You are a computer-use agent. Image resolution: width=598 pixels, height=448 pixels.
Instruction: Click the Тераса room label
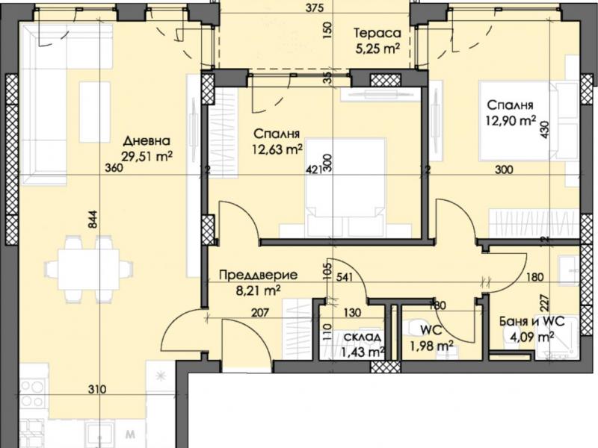pyautogui.click(x=377, y=33)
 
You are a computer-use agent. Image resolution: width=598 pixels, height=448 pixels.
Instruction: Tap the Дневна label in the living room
pyautogui.click(x=147, y=141)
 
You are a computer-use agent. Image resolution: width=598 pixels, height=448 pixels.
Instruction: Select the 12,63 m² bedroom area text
pyautogui.click(x=277, y=149)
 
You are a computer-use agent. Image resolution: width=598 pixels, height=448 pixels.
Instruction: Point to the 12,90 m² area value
pyautogui.click(x=511, y=121)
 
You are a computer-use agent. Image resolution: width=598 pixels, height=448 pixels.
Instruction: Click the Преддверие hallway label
pyautogui.click(x=259, y=275)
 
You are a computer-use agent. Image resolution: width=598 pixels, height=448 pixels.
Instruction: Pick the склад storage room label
pyautogui.click(x=362, y=337)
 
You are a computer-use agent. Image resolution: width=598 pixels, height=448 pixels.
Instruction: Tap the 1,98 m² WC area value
pyautogui.click(x=431, y=346)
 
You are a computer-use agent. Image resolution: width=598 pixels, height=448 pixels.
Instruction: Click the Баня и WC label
pyautogui.click(x=532, y=322)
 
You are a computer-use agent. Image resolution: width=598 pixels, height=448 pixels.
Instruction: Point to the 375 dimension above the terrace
pyautogui.click(x=315, y=7)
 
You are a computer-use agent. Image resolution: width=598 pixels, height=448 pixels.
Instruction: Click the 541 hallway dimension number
pyautogui.click(x=345, y=277)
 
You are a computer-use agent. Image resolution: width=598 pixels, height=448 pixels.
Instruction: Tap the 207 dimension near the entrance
pyautogui.click(x=260, y=313)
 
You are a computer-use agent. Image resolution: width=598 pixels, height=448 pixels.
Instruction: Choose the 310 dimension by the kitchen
pyautogui.click(x=97, y=389)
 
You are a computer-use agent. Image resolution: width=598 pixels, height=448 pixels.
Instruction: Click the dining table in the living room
pyautogui.click(x=89, y=270)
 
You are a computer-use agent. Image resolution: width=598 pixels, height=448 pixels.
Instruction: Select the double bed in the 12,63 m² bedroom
pyautogui.click(x=345, y=187)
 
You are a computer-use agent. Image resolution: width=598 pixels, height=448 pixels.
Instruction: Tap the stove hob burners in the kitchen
pyautogui.click(x=32, y=394)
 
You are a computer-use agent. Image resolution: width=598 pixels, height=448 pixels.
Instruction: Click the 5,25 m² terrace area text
pyautogui.click(x=377, y=49)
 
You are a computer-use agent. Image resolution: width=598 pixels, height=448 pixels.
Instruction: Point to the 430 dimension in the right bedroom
pyautogui.click(x=544, y=129)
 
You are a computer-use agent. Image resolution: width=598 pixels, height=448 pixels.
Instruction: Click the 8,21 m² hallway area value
pyautogui.click(x=259, y=291)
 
